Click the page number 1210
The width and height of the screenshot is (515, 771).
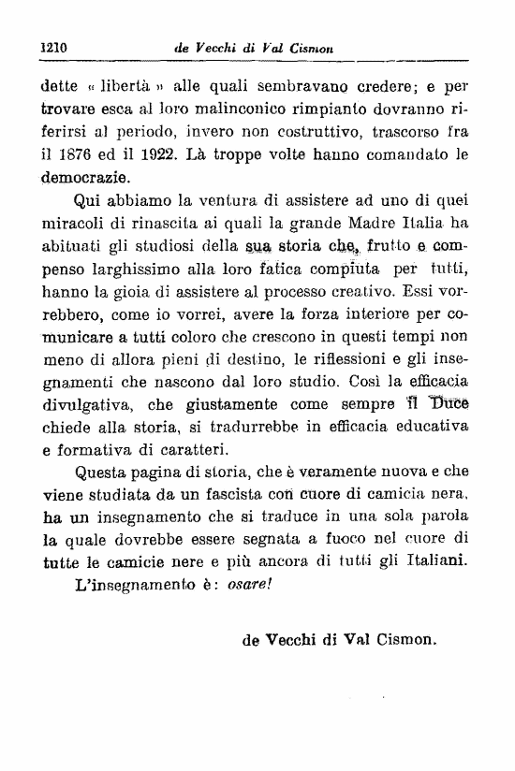click(58, 46)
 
